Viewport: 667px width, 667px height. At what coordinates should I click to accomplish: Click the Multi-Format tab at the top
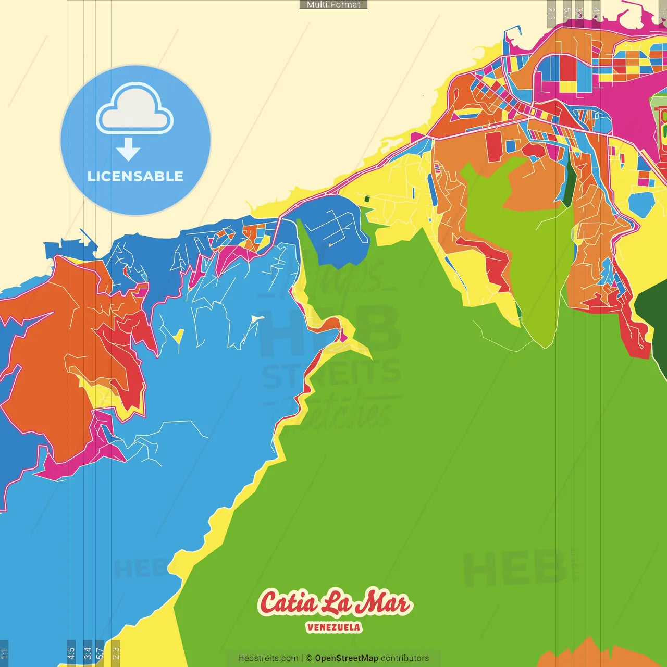(333, 5)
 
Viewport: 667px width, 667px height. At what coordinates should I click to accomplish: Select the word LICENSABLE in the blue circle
(135, 176)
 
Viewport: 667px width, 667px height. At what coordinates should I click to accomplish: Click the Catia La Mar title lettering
(334, 603)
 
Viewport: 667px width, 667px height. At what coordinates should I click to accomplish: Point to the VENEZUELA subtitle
(333, 627)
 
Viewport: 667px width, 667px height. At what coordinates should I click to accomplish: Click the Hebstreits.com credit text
(268, 658)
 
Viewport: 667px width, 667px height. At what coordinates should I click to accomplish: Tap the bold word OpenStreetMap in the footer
(347, 658)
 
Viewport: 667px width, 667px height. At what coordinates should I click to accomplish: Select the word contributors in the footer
(405, 658)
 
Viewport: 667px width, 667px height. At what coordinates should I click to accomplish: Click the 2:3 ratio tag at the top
(551, 14)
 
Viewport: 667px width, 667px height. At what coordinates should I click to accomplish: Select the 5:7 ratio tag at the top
(567, 14)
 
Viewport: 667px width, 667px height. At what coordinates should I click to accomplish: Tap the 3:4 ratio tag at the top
(579, 14)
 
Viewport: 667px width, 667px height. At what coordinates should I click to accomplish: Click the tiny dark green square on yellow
(367, 199)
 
